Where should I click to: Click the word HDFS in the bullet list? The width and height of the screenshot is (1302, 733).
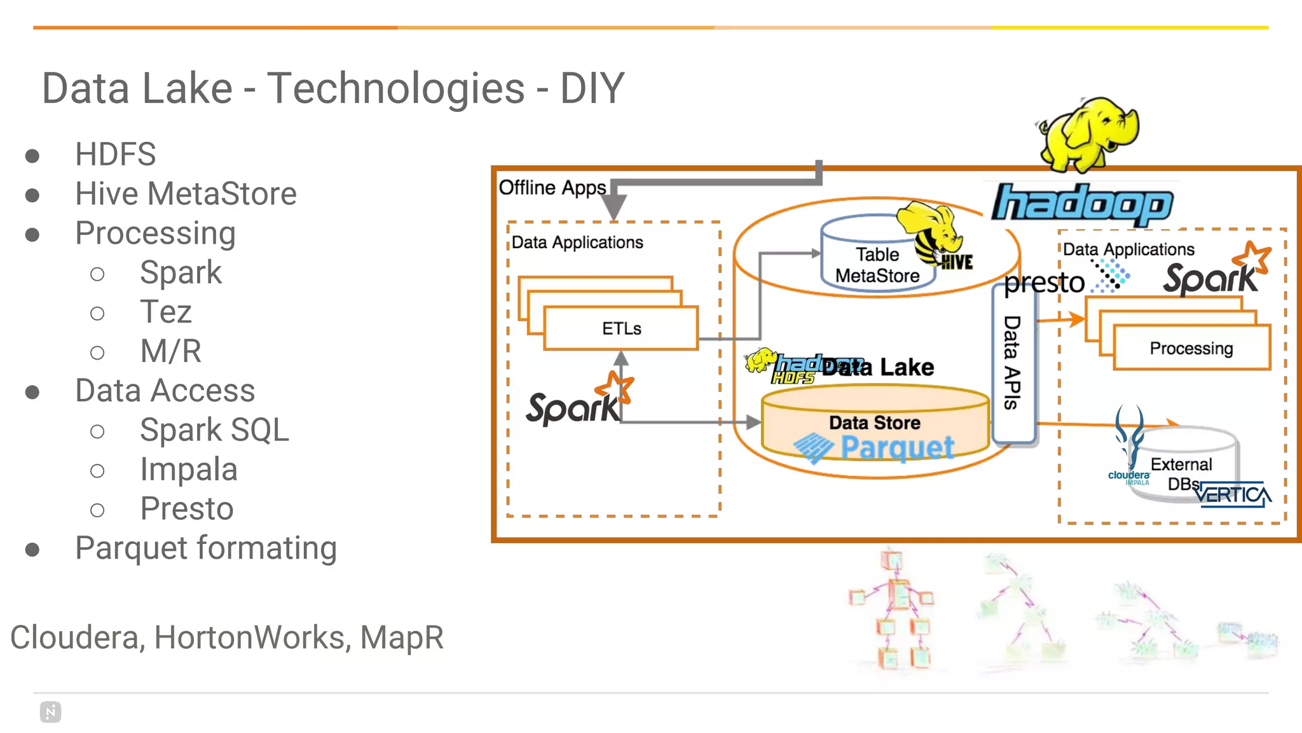tap(115, 155)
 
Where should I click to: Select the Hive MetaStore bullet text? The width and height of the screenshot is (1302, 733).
tap(186, 194)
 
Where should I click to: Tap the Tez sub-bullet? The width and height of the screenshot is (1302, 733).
tap(165, 312)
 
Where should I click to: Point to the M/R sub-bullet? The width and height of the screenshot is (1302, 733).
tap(170, 351)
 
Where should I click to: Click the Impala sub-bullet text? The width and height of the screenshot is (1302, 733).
tap(189, 470)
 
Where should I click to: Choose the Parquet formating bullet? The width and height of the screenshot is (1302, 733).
tap(206, 548)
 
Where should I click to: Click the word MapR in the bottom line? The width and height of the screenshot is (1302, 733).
tap(402, 638)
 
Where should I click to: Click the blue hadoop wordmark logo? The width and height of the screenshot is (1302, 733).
tap(1082, 204)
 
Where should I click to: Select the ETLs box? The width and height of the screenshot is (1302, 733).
tap(621, 329)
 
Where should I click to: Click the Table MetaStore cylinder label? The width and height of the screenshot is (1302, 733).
tap(877, 265)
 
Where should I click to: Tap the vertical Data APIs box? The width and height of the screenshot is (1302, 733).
tap(1013, 363)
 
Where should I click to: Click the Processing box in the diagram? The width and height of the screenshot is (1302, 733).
tap(1191, 349)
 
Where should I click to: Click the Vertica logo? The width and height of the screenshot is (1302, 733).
tap(1233, 495)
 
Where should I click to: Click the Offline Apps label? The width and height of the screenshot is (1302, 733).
tap(552, 188)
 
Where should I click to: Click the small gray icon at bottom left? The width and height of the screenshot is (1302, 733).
tap(50, 712)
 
